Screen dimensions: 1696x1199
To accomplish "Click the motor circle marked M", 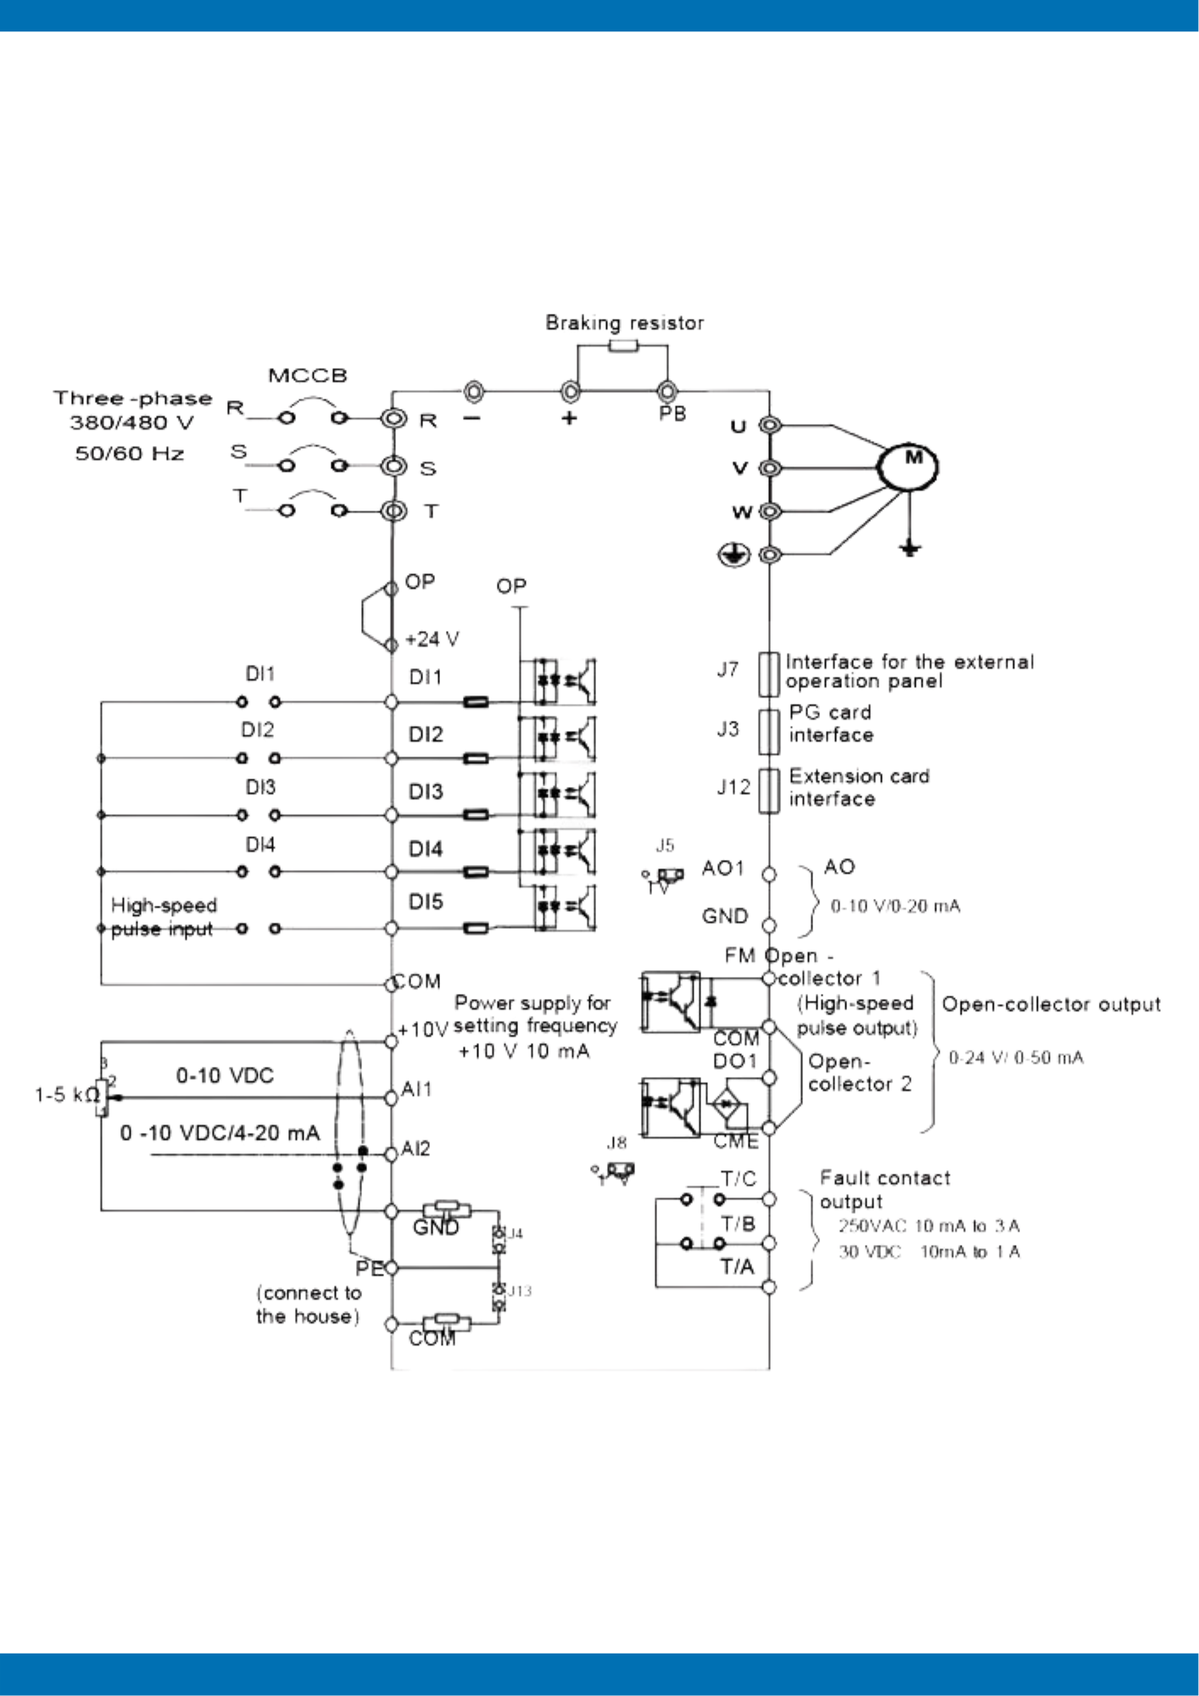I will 908,467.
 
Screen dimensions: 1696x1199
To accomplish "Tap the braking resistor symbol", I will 623,345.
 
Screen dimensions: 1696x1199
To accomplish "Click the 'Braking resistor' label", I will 624,323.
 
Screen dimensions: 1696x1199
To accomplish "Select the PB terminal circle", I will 667,392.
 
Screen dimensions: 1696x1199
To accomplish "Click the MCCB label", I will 308,376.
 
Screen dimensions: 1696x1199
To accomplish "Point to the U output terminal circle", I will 769,425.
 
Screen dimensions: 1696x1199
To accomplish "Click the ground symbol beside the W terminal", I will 733,555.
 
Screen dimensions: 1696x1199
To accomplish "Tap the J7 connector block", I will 768,674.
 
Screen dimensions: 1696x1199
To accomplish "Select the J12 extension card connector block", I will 768,790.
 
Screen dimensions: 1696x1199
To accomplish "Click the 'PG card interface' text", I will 830,723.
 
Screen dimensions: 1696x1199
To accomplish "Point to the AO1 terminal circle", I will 769,874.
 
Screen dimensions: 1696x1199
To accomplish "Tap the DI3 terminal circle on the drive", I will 391,815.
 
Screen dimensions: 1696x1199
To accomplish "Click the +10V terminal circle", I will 391,1040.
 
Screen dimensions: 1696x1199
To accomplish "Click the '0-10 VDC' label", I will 225,1076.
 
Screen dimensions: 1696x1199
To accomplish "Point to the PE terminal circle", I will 391,1269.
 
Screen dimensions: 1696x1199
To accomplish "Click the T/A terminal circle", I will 769,1287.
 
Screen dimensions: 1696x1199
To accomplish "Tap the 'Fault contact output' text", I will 884,1190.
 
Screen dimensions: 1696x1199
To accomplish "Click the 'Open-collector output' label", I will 1051,1005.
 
